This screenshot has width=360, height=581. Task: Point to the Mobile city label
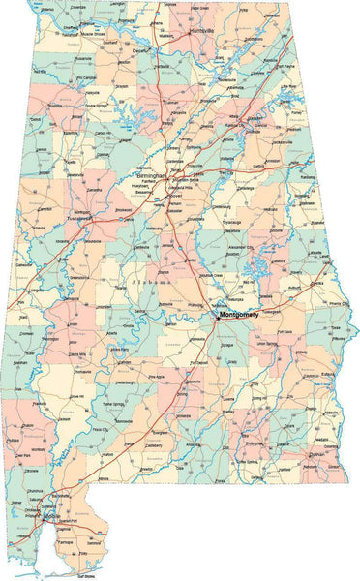(x=50, y=516)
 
